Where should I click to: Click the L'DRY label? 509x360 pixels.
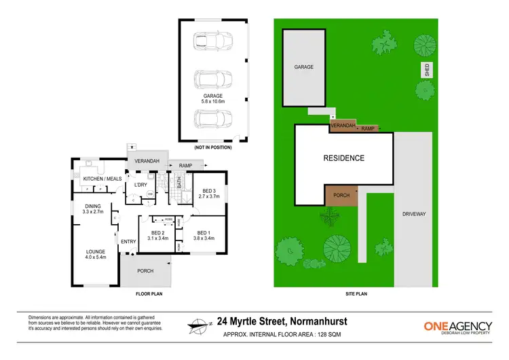(x=140, y=185)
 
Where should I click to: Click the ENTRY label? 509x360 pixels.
(x=128, y=242)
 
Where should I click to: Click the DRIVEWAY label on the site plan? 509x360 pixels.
(x=413, y=213)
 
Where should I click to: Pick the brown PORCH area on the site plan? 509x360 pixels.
(x=341, y=195)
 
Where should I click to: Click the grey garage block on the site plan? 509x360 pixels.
(x=303, y=68)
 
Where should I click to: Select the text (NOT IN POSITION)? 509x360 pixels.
(x=212, y=147)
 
